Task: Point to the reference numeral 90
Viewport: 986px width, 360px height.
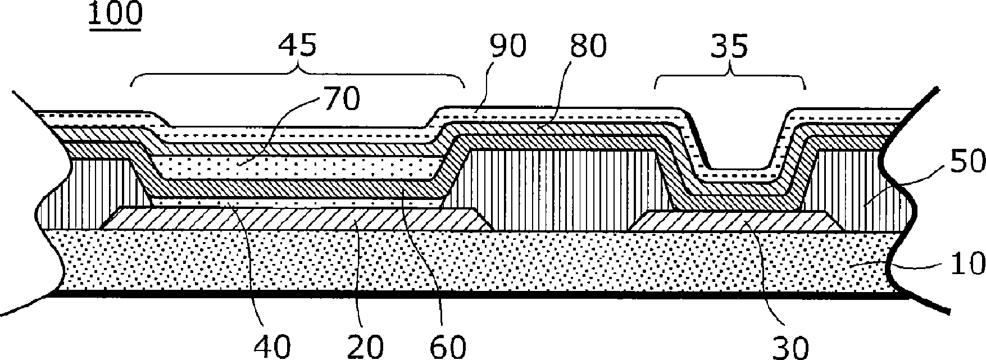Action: [507, 46]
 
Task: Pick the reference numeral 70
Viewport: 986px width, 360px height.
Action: [340, 99]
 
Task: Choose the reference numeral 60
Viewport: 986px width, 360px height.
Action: [447, 347]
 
